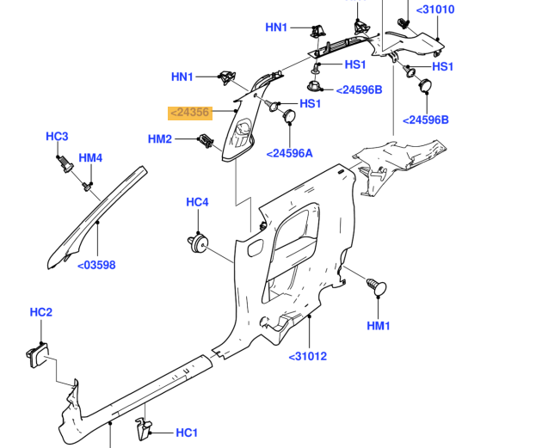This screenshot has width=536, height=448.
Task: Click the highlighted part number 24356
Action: (189, 113)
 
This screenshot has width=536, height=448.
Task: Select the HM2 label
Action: (160, 139)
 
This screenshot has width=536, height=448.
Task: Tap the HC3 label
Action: (57, 137)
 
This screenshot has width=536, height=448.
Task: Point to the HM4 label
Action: (90, 158)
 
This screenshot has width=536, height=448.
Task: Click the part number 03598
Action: (96, 265)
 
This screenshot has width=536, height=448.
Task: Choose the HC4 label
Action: (197, 203)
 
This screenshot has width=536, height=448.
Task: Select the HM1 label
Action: (379, 326)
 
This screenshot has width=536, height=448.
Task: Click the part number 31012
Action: (307, 356)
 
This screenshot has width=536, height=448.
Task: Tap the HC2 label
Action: (41, 312)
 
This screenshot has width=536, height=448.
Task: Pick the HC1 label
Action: (187, 433)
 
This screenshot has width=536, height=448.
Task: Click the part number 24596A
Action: (290, 153)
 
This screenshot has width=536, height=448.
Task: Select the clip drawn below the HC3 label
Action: (63, 163)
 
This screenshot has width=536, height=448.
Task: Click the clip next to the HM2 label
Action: (205, 142)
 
